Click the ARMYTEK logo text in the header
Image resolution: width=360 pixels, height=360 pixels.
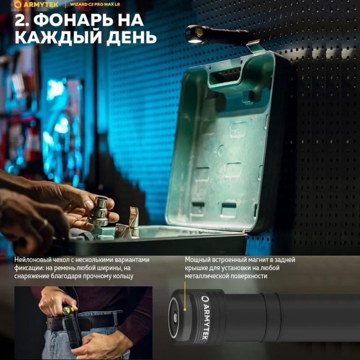point(41,4)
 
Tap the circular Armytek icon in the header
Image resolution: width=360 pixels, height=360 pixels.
point(18,4)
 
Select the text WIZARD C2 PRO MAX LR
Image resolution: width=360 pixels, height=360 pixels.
point(95,4)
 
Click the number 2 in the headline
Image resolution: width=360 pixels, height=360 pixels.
point(21,20)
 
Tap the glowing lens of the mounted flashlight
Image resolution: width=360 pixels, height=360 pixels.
point(195,40)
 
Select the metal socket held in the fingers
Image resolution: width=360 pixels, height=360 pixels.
point(99,211)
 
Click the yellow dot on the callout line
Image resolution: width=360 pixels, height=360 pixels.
point(185,310)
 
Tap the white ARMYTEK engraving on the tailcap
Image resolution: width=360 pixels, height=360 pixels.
point(205,318)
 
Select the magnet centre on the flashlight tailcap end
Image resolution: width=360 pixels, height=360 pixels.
point(175,318)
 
